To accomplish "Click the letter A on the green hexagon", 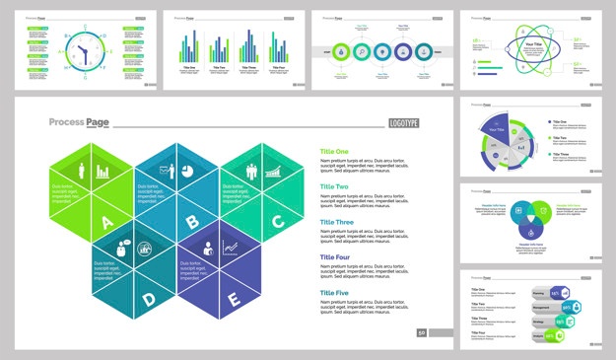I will pos(107,224).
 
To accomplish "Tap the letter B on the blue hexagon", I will pos(192,223).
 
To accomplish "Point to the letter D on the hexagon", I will pos(149,298).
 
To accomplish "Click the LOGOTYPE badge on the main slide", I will pos(403,122).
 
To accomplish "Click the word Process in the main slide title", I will pos(65,122).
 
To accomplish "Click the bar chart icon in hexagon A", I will pos(103,172).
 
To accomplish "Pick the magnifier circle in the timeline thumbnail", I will pos(361,51).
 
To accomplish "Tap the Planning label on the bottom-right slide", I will pos(539,293).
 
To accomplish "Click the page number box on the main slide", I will pos(422,333).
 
